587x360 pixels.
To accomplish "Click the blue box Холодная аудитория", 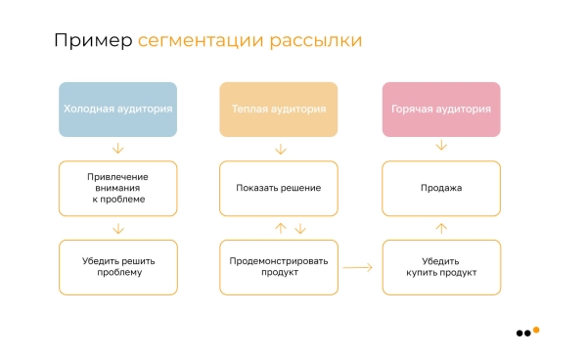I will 118,110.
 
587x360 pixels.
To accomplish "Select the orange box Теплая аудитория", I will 279,110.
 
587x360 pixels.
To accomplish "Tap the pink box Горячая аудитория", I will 440,110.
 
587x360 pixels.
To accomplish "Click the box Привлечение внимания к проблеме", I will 118,188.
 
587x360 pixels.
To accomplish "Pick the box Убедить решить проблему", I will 118,267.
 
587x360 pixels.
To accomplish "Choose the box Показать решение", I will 279,188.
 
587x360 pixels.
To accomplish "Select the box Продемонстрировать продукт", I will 279,267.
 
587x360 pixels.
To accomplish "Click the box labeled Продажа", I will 440,188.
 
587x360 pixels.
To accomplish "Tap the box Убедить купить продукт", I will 440,267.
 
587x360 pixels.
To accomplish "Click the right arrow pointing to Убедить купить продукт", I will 358,267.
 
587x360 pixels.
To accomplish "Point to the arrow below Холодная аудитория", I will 118,149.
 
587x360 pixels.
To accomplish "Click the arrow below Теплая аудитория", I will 281,149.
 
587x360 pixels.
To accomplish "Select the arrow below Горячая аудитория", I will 441,146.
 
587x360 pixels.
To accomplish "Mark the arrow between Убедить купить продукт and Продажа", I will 441,228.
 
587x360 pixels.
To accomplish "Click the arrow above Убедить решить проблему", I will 118,228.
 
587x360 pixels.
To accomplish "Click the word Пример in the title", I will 92,41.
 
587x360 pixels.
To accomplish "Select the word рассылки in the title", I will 318,41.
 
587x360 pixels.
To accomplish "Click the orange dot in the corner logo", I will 536,330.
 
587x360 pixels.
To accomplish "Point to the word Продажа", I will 440,188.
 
